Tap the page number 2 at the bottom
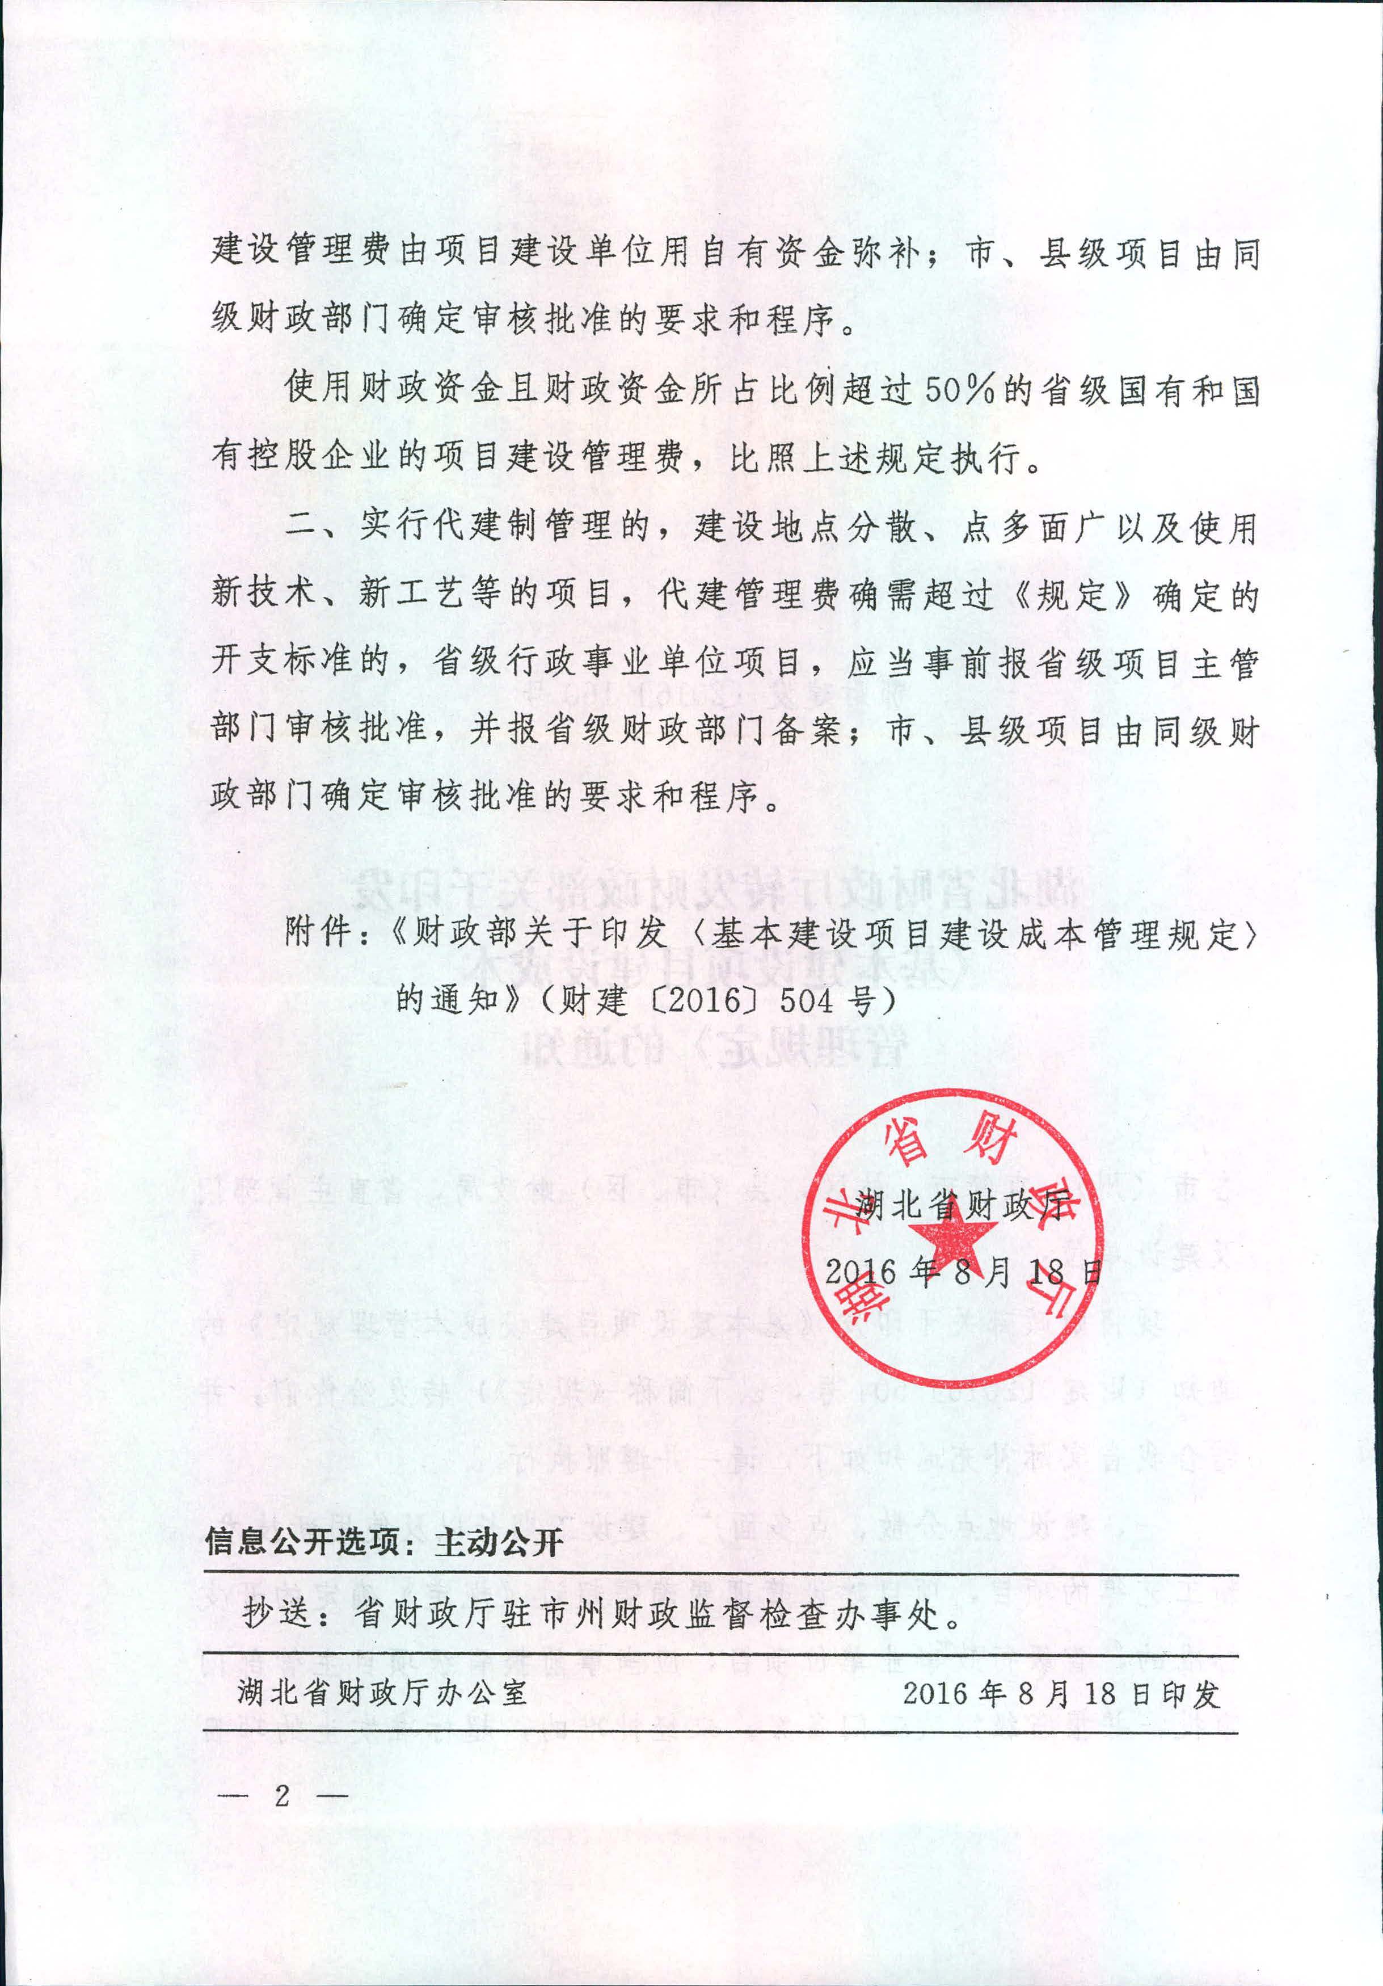(x=282, y=1796)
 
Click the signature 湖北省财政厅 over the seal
(x=962, y=1205)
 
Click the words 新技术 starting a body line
(x=263, y=595)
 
